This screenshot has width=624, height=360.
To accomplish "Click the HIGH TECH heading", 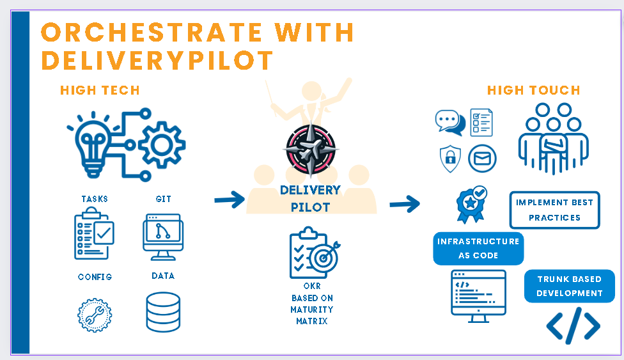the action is (100, 90).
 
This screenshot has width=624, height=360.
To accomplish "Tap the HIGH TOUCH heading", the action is (534, 90).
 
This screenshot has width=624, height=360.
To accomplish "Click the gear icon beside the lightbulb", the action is (162, 145).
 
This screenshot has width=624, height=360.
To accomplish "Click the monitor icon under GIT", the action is (163, 237).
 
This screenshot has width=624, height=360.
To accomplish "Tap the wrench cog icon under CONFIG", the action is (95, 315).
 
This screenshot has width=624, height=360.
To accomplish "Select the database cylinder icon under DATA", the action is (163, 312).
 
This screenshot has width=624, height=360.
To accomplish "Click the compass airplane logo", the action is (311, 150).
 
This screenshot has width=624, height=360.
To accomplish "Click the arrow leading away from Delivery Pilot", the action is (405, 204).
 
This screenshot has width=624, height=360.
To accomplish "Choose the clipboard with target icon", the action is (315, 253).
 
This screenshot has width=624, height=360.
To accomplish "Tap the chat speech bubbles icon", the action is (450, 122).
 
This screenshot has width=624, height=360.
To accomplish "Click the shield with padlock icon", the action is (450, 159).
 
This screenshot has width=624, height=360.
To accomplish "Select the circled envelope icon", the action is (482, 159).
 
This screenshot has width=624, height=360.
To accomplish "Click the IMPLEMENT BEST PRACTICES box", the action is (554, 210).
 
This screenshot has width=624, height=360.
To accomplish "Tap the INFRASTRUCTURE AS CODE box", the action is (478, 249).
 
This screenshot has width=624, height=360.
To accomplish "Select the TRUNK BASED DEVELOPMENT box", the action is (570, 286).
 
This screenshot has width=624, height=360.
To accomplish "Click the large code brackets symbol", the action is (573, 325).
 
